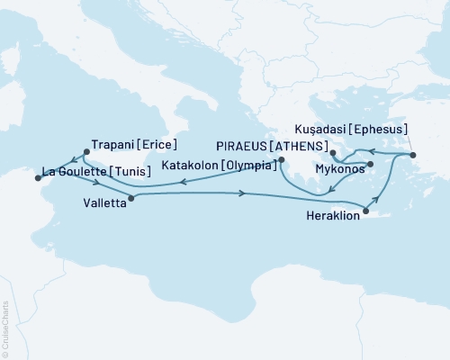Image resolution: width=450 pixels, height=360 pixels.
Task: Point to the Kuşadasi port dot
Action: tap(413, 156)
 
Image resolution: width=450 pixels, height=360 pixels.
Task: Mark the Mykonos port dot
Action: tap(370, 165)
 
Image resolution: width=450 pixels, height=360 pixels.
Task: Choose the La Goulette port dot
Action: tap(37, 177)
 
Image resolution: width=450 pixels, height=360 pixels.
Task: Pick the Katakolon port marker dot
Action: tap(282, 160)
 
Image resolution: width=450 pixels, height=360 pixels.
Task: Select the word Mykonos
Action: tap(339, 169)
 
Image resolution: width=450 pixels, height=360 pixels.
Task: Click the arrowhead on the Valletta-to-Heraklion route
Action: tap(241, 193)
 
